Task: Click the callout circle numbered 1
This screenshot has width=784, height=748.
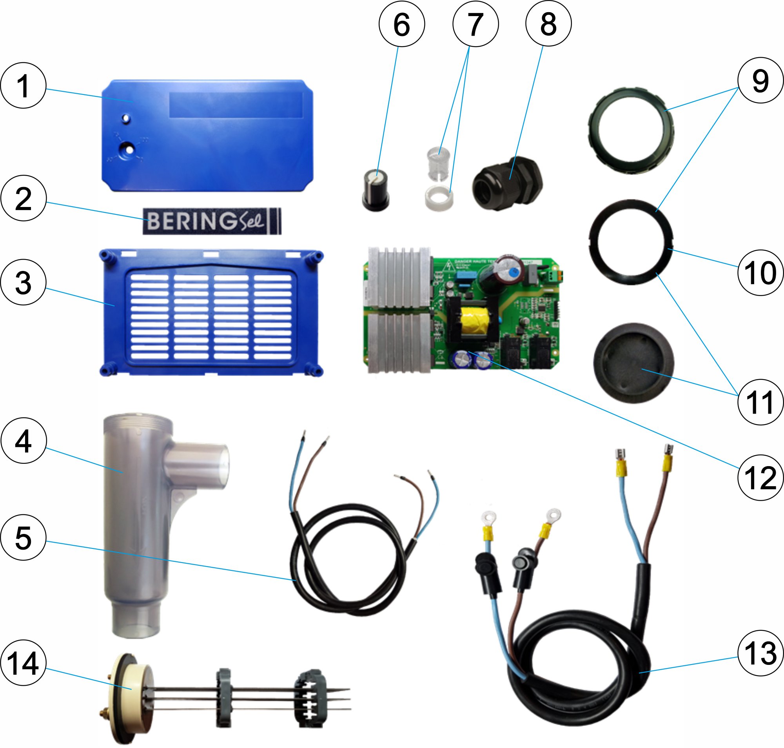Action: [x=23, y=86]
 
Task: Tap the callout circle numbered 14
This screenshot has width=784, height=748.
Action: [x=23, y=663]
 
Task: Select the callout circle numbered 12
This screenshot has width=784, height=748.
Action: [x=760, y=477]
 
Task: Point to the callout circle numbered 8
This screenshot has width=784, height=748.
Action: [x=548, y=24]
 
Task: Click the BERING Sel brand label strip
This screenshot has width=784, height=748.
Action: [x=212, y=220]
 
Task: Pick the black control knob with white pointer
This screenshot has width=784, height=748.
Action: [x=376, y=190]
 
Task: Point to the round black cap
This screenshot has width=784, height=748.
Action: [x=633, y=363]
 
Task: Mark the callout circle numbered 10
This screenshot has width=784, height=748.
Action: [x=760, y=273]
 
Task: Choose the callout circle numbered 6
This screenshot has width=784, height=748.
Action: [x=401, y=24]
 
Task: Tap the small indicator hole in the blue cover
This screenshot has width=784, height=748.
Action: [x=126, y=119]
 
